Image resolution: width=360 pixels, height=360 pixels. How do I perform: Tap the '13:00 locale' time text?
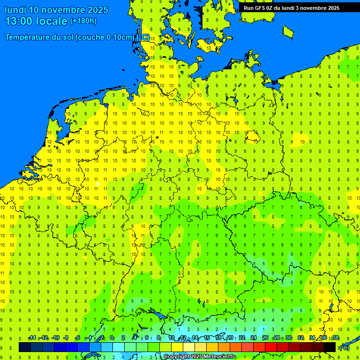[x=36, y=21]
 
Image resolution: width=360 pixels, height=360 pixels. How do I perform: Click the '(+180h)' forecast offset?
[x=83, y=21]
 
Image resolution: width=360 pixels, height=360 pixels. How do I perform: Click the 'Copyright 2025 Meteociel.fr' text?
[x=199, y=357]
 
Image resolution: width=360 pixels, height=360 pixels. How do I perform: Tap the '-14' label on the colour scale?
[x=32, y=338]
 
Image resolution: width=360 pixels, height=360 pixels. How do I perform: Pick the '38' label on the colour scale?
[x=336, y=338]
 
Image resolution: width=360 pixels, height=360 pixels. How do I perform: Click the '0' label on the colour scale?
[x=112, y=338]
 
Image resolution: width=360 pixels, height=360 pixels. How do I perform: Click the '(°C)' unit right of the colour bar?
[x=345, y=347]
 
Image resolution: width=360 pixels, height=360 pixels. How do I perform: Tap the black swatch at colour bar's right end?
[x=330, y=347]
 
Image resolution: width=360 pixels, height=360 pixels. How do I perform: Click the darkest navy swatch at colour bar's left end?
[x=25, y=347]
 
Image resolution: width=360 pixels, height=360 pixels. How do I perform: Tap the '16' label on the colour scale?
[x=207, y=338]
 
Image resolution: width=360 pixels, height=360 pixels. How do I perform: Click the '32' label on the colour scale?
[x=300, y=338]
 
